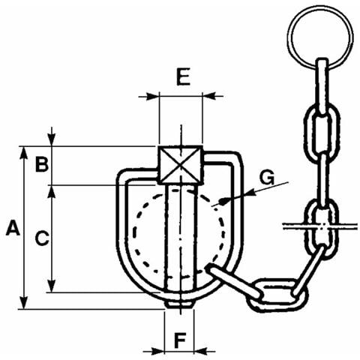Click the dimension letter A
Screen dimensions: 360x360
pos(13,227)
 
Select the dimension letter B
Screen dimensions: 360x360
pos(42,164)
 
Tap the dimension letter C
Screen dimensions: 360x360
pos(42,238)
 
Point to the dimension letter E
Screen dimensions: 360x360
pos(183,76)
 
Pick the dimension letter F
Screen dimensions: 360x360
pos(180,340)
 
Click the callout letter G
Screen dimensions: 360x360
pos(267,177)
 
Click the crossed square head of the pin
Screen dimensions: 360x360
pos(181,165)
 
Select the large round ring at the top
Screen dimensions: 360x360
pos(320,37)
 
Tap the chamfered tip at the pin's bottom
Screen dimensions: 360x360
pos(180,304)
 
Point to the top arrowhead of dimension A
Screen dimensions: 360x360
pos(24,153)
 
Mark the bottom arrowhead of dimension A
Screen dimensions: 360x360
pos(24,303)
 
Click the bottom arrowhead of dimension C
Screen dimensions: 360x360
pos(52,286)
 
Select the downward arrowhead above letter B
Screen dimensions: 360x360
pos(52,139)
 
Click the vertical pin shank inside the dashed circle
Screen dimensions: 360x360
pos(180,238)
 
